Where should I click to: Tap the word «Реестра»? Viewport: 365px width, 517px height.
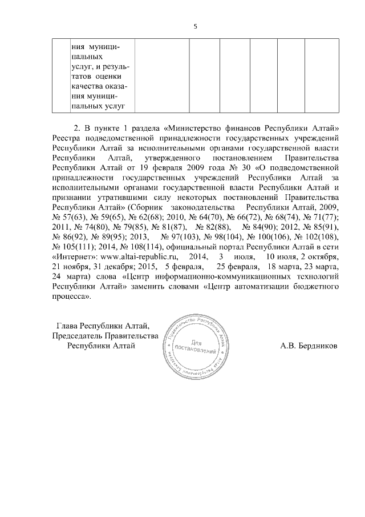click(67, 137)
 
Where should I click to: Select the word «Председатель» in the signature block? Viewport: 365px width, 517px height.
click(78, 335)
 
